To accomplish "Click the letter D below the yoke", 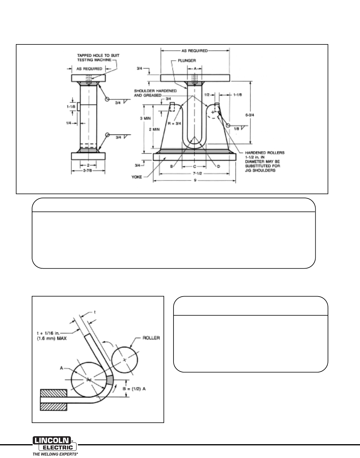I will pos(219,166).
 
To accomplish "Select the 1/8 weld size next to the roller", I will pos(236,129).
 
